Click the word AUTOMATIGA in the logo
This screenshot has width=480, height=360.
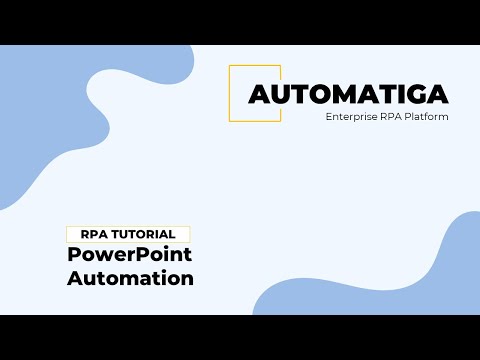[x=348, y=94]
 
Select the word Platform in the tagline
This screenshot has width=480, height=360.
[x=424, y=117]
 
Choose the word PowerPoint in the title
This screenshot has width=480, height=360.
[x=130, y=255]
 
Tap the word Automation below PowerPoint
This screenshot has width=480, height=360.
[x=130, y=278]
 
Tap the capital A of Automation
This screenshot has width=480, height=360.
[x=75, y=278]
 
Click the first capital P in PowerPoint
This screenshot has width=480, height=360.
[x=74, y=255]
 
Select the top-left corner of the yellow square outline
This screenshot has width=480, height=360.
[x=230, y=66]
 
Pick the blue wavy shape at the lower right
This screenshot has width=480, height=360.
[x=400, y=285]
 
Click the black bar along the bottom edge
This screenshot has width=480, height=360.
[x=240, y=337]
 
